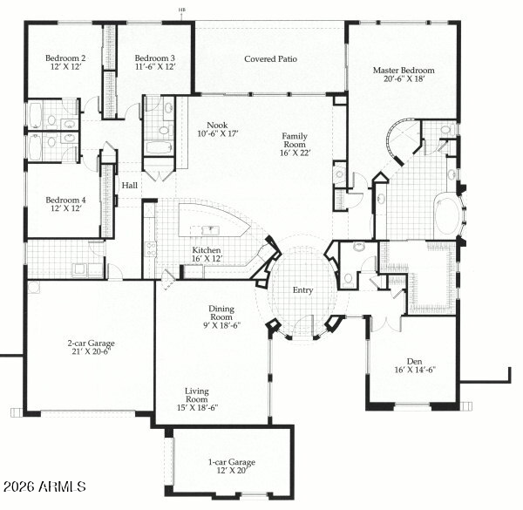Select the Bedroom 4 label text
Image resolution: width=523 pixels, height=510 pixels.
point(65,201)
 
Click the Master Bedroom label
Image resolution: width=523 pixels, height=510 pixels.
point(403,71)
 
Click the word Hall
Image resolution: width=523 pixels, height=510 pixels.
point(130,185)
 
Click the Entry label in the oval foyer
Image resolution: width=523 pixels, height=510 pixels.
point(302,290)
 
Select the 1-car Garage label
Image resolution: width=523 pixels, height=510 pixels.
point(225,461)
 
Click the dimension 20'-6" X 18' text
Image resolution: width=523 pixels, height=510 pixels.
point(403,80)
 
